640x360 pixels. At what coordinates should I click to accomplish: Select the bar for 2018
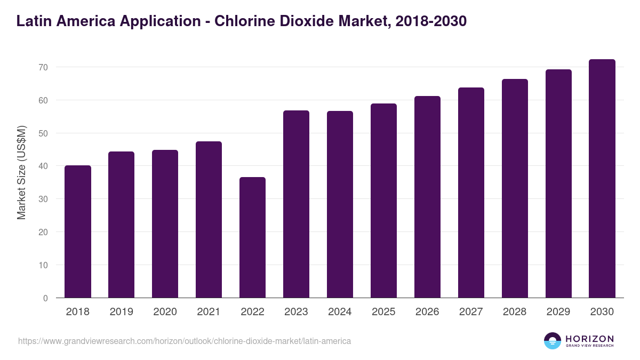pos(78,231)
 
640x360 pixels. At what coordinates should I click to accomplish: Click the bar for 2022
pos(253,237)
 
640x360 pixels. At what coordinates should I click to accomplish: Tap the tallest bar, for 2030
pos(602,179)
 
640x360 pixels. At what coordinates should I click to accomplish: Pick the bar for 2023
pos(297,204)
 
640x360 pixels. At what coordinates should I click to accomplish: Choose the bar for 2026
pos(428,197)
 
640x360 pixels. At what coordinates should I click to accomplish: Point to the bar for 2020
pos(165,224)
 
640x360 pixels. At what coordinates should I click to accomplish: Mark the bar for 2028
pos(515,188)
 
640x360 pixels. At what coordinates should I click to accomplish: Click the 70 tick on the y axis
pos(43,67)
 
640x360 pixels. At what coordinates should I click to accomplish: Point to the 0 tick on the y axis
pos(46,298)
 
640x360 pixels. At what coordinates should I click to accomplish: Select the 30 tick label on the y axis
pos(43,199)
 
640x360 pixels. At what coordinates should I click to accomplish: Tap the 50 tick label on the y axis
pos(43,133)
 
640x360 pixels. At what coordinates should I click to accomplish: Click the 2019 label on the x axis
pos(122,312)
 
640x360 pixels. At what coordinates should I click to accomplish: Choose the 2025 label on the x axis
pos(383,312)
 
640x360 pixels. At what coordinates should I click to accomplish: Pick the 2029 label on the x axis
pos(558,312)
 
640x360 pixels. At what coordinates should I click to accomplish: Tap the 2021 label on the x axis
pos(209,312)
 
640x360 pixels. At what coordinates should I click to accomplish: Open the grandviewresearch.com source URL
pos(185,341)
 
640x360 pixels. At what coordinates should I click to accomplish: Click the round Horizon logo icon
pos(553,341)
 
